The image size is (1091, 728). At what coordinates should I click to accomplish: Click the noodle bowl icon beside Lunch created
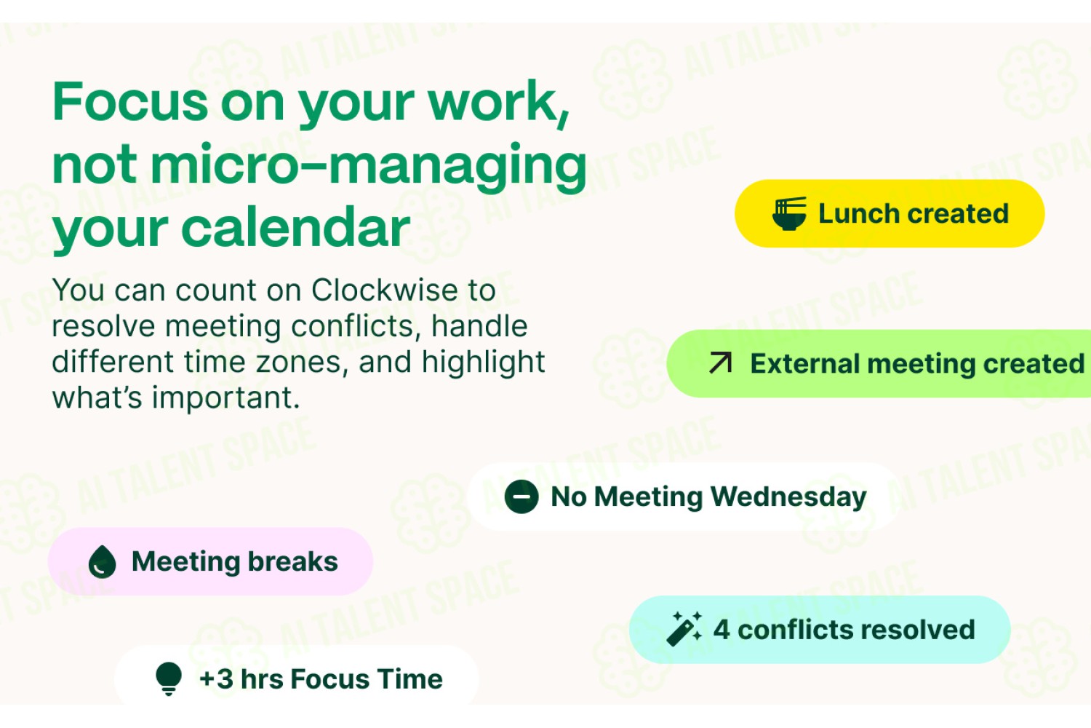coord(789,213)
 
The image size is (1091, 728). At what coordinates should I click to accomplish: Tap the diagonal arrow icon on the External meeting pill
coord(720,363)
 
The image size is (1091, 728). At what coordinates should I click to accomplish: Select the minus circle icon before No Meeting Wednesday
coord(521,497)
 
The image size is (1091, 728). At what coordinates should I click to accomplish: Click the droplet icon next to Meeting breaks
coord(103,562)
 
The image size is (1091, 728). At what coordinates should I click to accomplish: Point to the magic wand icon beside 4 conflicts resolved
coord(684,629)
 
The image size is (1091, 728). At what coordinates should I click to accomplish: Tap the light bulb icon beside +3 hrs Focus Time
coord(169,678)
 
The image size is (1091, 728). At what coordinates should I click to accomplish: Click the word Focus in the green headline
coord(130,101)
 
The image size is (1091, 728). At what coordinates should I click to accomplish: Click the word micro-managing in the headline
coord(369,165)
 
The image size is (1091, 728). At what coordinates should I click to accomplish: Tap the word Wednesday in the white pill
coord(788,497)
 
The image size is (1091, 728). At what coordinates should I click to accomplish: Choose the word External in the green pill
coord(804,363)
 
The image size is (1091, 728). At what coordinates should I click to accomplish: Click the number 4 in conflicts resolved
coord(722,630)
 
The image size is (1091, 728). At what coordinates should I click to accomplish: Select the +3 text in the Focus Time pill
coord(216,678)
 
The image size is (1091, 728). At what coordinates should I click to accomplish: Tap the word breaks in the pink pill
coord(292,561)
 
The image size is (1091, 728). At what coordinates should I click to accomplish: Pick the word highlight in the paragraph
coord(483,362)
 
